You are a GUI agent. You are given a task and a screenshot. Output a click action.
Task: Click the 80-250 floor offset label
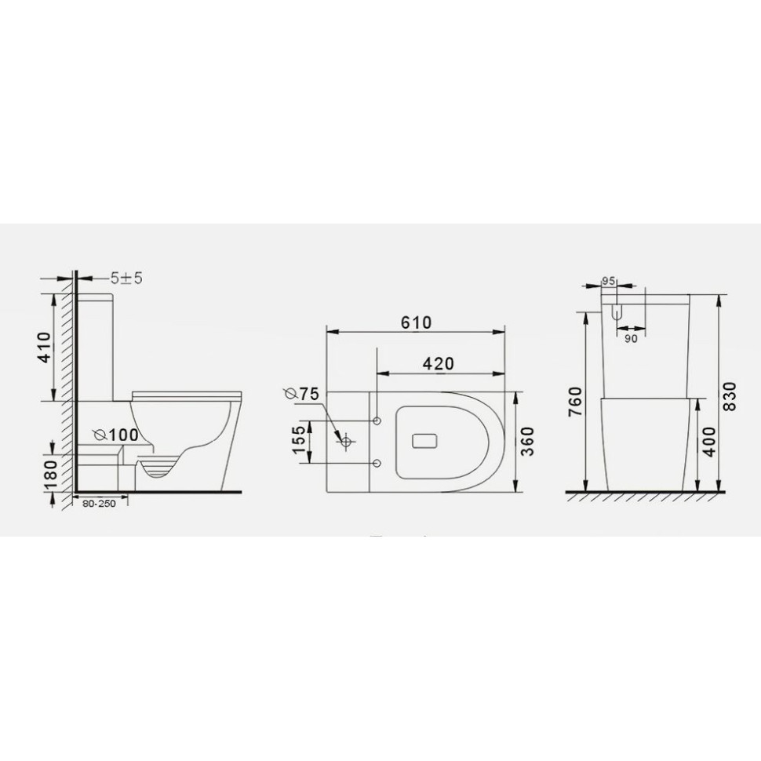pyautogui.click(x=98, y=504)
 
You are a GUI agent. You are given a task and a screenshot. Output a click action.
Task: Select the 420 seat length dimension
pyautogui.click(x=439, y=363)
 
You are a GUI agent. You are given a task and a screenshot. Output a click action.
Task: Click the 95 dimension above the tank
pyautogui.click(x=609, y=281)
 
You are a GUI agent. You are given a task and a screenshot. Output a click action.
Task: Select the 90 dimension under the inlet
pyautogui.click(x=631, y=339)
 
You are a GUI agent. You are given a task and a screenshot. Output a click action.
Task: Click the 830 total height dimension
pyautogui.click(x=730, y=394)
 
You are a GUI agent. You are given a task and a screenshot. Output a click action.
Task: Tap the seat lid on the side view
pyautogui.click(x=184, y=391)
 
